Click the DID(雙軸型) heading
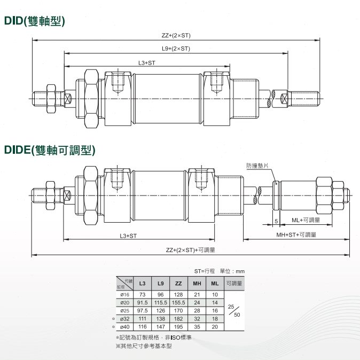pos(35,21)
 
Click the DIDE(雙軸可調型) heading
pos(50,150)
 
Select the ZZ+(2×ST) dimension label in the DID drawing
pos(176,35)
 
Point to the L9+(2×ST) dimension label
pos(176,49)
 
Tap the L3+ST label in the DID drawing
pos(147,62)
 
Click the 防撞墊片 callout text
pos(257,166)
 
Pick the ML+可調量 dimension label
pos(306,220)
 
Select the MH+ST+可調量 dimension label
pos(296,234)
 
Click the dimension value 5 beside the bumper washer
pos(276,221)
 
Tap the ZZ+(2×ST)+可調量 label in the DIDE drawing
pos(190,250)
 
